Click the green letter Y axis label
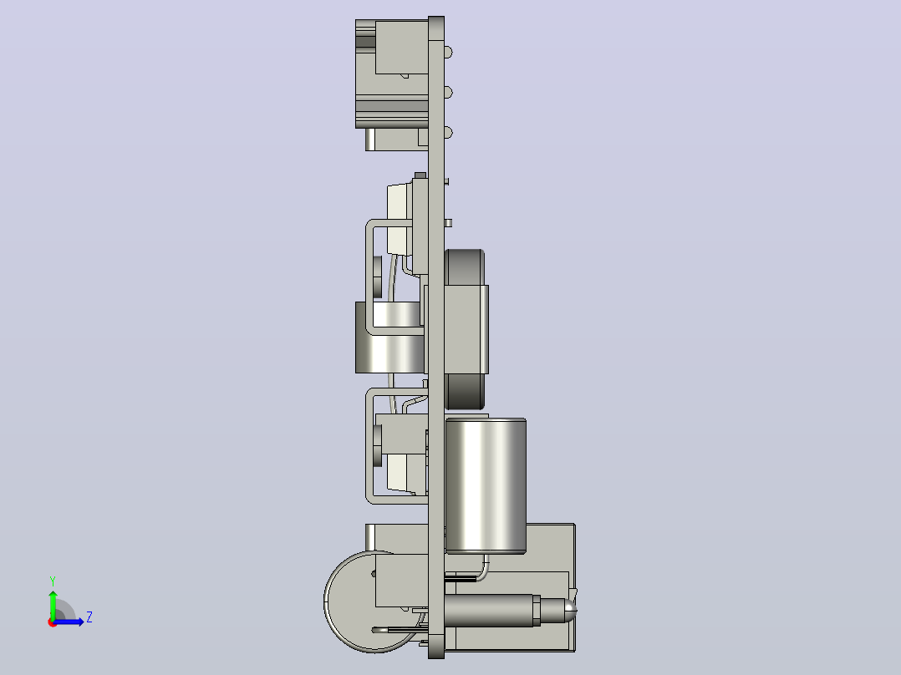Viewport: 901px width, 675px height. tap(53, 581)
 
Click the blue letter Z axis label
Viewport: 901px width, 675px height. tap(89, 617)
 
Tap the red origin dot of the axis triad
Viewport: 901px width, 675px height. tap(53, 622)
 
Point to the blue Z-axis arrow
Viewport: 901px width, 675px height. tap(69, 622)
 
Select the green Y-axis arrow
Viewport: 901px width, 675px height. tap(53, 606)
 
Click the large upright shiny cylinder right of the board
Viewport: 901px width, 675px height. tap(486, 486)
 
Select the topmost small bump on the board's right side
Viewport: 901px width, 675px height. tap(448, 53)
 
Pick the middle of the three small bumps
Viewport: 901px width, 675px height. tap(448, 93)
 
